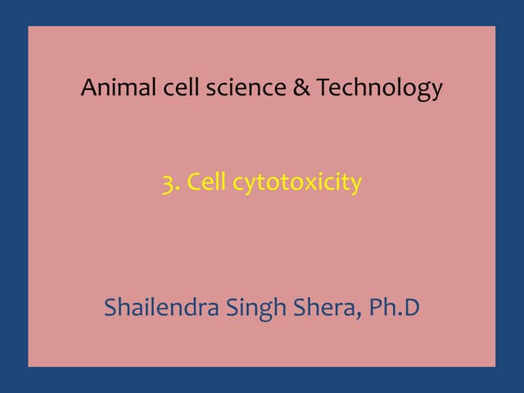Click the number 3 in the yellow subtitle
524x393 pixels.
tap(167, 183)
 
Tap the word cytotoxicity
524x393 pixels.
tap(296, 183)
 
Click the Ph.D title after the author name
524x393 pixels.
tap(395, 308)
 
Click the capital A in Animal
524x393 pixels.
tap(88, 87)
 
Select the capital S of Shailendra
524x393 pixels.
tap(111, 308)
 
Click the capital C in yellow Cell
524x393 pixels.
tap(193, 182)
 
